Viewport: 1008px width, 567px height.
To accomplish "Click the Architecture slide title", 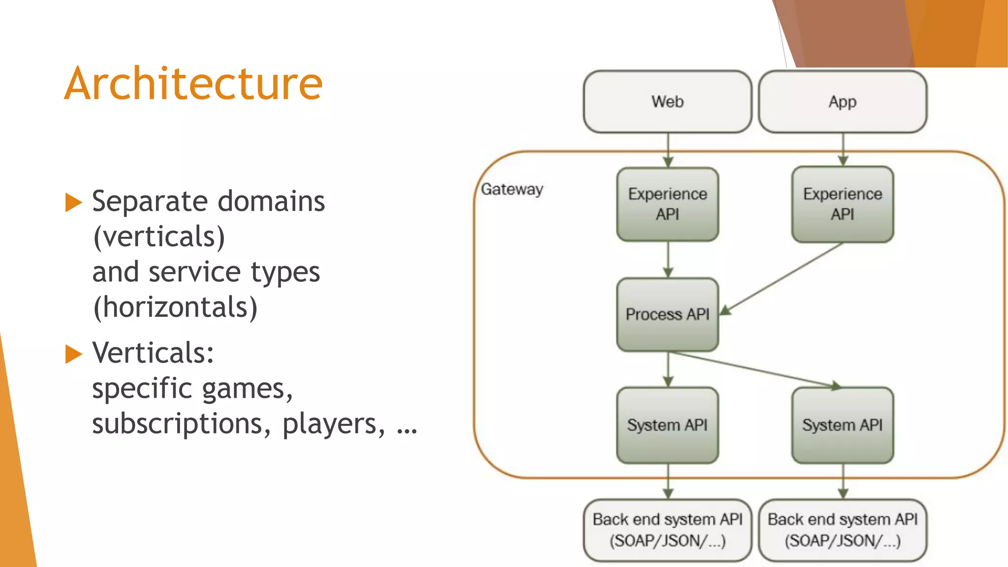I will (x=193, y=84).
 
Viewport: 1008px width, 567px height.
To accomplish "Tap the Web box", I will (x=667, y=101).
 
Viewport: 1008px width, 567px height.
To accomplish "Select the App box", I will (x=842, y=101).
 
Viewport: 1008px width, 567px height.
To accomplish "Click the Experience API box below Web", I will (x=667, y=204).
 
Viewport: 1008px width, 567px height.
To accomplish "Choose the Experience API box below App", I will (x=842, y=204).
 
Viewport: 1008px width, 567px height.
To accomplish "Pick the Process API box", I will (x=667, y=314).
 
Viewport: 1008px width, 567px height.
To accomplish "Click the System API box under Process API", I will (x=667, y=425).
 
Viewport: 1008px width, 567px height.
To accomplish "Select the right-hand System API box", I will (x=842, y=425).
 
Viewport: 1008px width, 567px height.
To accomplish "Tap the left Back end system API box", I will (x=667, y=530).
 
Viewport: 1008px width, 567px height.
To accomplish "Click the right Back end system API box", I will (x=842, y=530).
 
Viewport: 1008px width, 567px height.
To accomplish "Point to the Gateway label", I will (x=512, y=189).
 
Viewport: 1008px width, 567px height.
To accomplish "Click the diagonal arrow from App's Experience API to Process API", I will (x=783, y=279).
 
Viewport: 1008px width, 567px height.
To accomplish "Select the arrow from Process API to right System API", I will (x=753, y=369).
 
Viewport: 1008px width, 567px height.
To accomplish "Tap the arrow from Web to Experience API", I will (x=668, y=150).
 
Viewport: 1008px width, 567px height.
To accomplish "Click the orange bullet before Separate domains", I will (x=73, y=202).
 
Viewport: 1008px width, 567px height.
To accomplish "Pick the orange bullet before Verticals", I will (x=73, y=354).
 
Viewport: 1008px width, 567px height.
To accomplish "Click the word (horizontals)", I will (x=175, y=307).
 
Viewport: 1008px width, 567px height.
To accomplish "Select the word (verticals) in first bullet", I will (x=159, y=237).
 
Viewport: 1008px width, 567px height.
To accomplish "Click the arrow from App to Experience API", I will (x=843, y=150).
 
